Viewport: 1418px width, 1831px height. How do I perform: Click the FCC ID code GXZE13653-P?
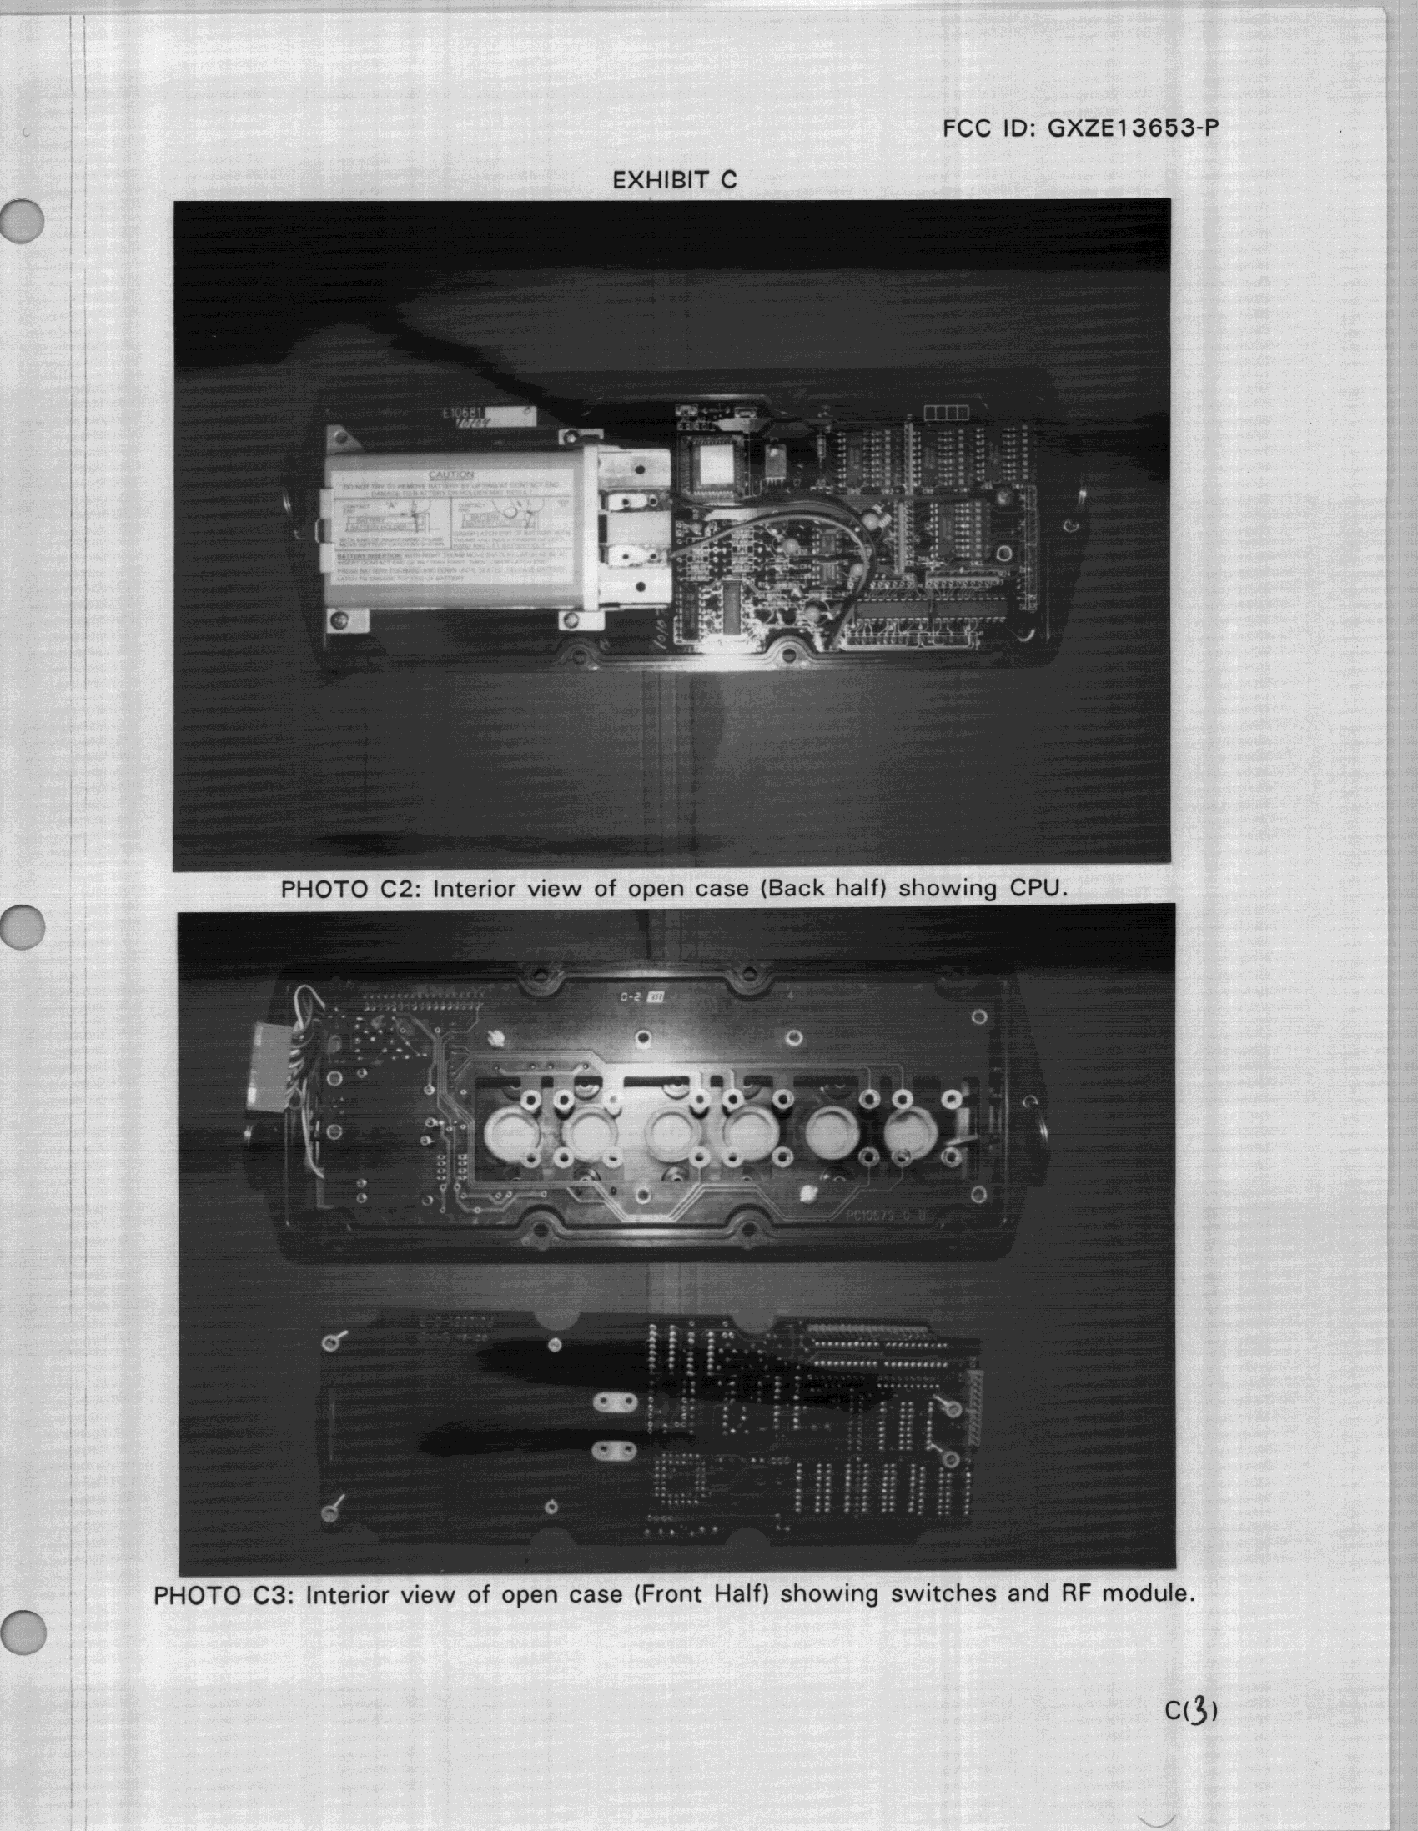click(x=1132, y=128)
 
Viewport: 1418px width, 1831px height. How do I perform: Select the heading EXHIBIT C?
click(x=674, y=179)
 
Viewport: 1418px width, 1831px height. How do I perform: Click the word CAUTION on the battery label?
click(x=451, y=475)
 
